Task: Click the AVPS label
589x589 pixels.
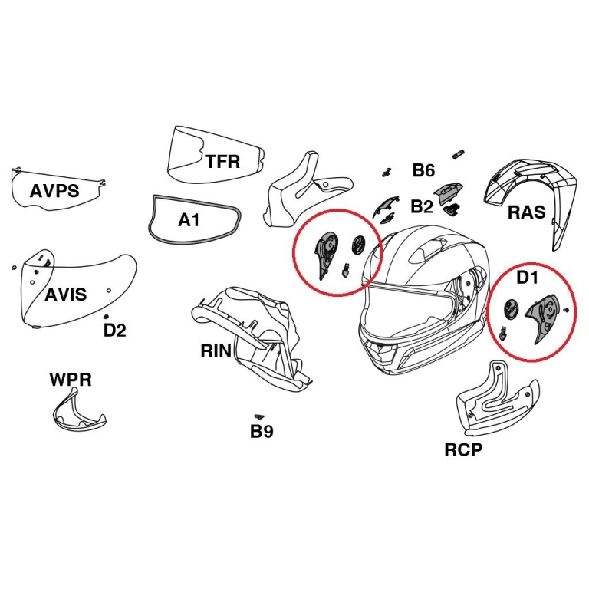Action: pyautogui.click(x=54, y=190)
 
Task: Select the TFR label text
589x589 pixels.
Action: pyautogui.click(x=222, y=161)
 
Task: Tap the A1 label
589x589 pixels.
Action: pyautogui.click(x=189, y=220)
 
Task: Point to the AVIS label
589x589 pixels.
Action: pyautogui.click(x=65, y=294)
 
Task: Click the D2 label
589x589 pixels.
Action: pyautogui.click(x=115, y=331)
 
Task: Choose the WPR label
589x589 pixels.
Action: pyautogui.click(x=71, y=380)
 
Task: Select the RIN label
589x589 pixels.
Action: pyautogui.click(x=216, y=351)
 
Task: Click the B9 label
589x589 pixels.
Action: pyautogui.click(x=262, y=431)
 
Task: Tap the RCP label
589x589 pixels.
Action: pyautogui.click(x=464, y=449)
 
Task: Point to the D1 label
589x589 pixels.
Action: pyautogui.click(x=527, y=277)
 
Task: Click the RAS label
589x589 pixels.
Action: pyautogui.click(x=527, y=212)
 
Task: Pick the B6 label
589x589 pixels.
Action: pyautogui.click(x=423, y=170)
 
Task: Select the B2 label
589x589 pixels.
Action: pyautogui.click(x=422, y=206)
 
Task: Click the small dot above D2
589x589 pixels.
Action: pyautogui.click(x=105, y=316)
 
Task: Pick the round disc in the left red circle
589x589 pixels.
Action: pyautogui.click(x=357, y=246)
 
